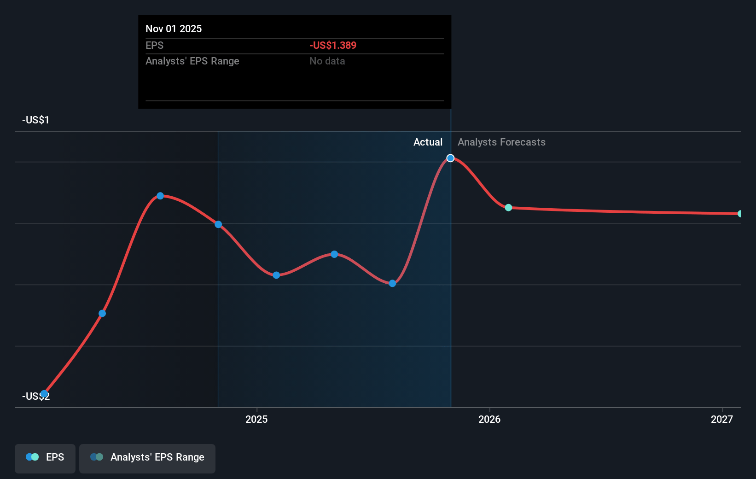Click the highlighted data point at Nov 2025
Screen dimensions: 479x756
[450, 158]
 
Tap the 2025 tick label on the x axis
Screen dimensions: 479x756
[256, 419]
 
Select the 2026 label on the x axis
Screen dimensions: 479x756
[489, 419]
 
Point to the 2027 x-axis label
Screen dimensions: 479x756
[721, 419]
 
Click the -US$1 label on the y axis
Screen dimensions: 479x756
[35, 120]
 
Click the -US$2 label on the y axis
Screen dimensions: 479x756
[35, 397]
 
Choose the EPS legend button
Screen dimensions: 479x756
[45, 457]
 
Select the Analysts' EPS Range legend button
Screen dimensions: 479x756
[147, 457]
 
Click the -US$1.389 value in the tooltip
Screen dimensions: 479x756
[333, 45]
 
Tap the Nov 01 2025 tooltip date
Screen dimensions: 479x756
[174, 29]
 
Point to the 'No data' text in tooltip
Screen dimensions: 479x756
[327, 61]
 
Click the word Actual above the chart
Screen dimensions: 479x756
[428, 142]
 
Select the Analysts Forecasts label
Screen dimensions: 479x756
[501, 142]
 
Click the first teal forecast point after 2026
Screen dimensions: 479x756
[508, 208]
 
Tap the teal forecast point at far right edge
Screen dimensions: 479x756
[740, 214]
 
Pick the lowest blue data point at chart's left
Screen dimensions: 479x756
[44, 394]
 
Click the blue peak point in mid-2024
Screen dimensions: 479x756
[160, 196]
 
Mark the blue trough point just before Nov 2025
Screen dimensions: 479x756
[392, 283]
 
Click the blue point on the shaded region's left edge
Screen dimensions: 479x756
[218, 224]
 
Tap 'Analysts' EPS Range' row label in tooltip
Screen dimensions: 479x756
[192, 61]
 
